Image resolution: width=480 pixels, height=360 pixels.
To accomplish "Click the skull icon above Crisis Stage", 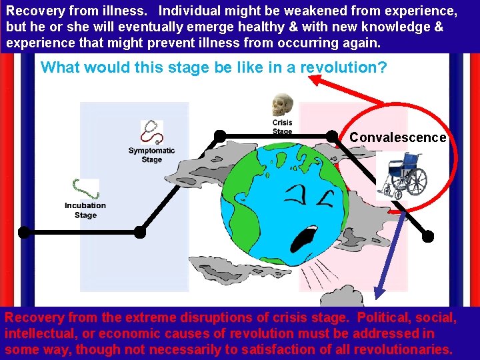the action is [x=282, y=106].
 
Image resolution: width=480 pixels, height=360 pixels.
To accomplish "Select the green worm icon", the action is [x=86, y=188].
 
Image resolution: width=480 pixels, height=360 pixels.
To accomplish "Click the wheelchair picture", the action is [x=402, y=175].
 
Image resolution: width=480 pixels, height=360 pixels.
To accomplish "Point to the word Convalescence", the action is [x=397, y=138].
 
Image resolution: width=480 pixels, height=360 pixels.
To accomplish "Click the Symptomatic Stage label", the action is [x=152, y=155].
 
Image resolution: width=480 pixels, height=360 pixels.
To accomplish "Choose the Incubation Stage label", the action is [x=85, y=210].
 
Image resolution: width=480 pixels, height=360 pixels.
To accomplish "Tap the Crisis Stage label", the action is [x=282, y=127].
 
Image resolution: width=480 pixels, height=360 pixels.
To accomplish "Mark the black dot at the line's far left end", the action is [x=24, y=233].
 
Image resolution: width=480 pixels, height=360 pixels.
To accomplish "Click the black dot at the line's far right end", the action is [x=428, y=235].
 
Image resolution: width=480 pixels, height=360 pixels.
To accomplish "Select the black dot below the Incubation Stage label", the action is [x=139, y=232].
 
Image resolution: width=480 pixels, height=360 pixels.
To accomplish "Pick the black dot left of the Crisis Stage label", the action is [x=219, y=135].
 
